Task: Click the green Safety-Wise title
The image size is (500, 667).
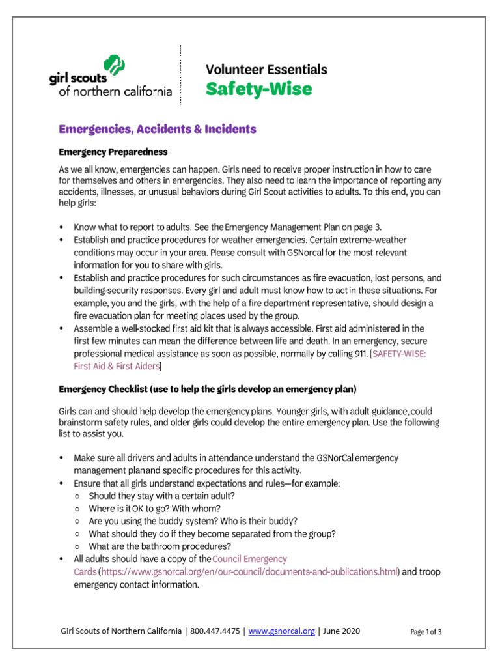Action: pyautogui.click(x=258, y=89)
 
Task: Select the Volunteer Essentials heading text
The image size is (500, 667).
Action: pyautogui.click(x=266, y=69)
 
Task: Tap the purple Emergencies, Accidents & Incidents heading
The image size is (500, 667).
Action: pyautogui.click(x=158, y=129)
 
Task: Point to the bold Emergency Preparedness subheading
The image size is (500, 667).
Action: pyautogui.click(x=113, y=152)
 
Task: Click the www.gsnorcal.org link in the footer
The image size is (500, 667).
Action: pyautogui.click(x=282, y=631)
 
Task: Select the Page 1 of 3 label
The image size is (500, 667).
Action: pyautogui.click(x=426, y=631)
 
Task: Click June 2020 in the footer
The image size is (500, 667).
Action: pyautogui.click(x=340, y=631)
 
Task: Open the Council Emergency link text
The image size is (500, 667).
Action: pyautogui.click(x=249, y=559)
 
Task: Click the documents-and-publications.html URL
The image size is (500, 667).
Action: pyautogui.click(x=249, y=571)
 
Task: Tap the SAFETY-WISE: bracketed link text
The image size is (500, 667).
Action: pyautogui.click(x=398, y=353)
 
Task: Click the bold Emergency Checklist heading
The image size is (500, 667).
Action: pyautogui.click(x=207, y=390)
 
